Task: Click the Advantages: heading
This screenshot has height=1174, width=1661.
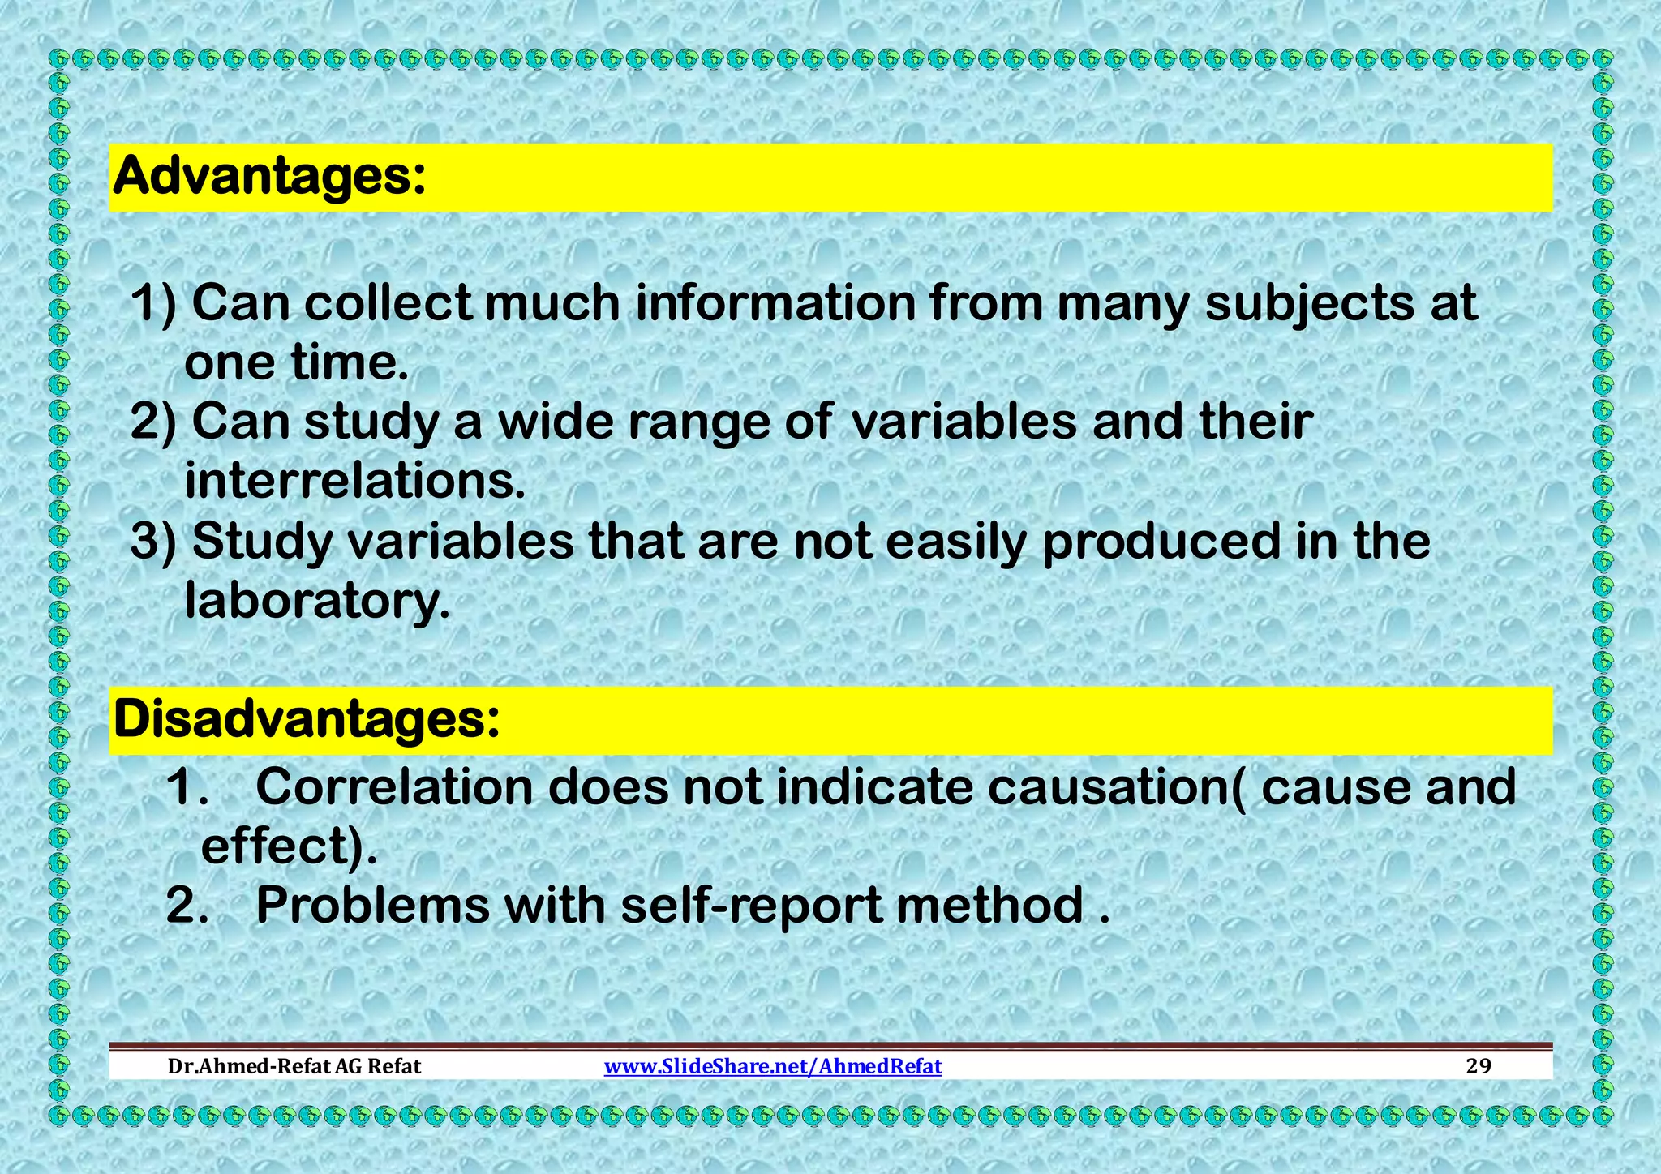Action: point(269,176)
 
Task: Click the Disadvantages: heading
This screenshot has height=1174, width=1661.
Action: point(307,719)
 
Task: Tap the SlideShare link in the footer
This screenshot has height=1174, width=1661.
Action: point(772,1066)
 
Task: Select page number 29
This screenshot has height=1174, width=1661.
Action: point(1479,1066)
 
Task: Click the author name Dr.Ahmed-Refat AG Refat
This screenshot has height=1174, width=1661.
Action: point(294,1066)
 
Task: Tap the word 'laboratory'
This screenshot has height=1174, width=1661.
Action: point(316,602)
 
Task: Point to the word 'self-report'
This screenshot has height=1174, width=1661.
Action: point(751,906)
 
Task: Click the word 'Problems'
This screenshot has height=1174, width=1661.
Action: point(372,906)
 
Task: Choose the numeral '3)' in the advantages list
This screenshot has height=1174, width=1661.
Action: point(152,542)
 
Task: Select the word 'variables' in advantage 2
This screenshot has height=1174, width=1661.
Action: point(964,422)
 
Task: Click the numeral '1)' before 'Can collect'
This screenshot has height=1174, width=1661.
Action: point(152,303)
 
